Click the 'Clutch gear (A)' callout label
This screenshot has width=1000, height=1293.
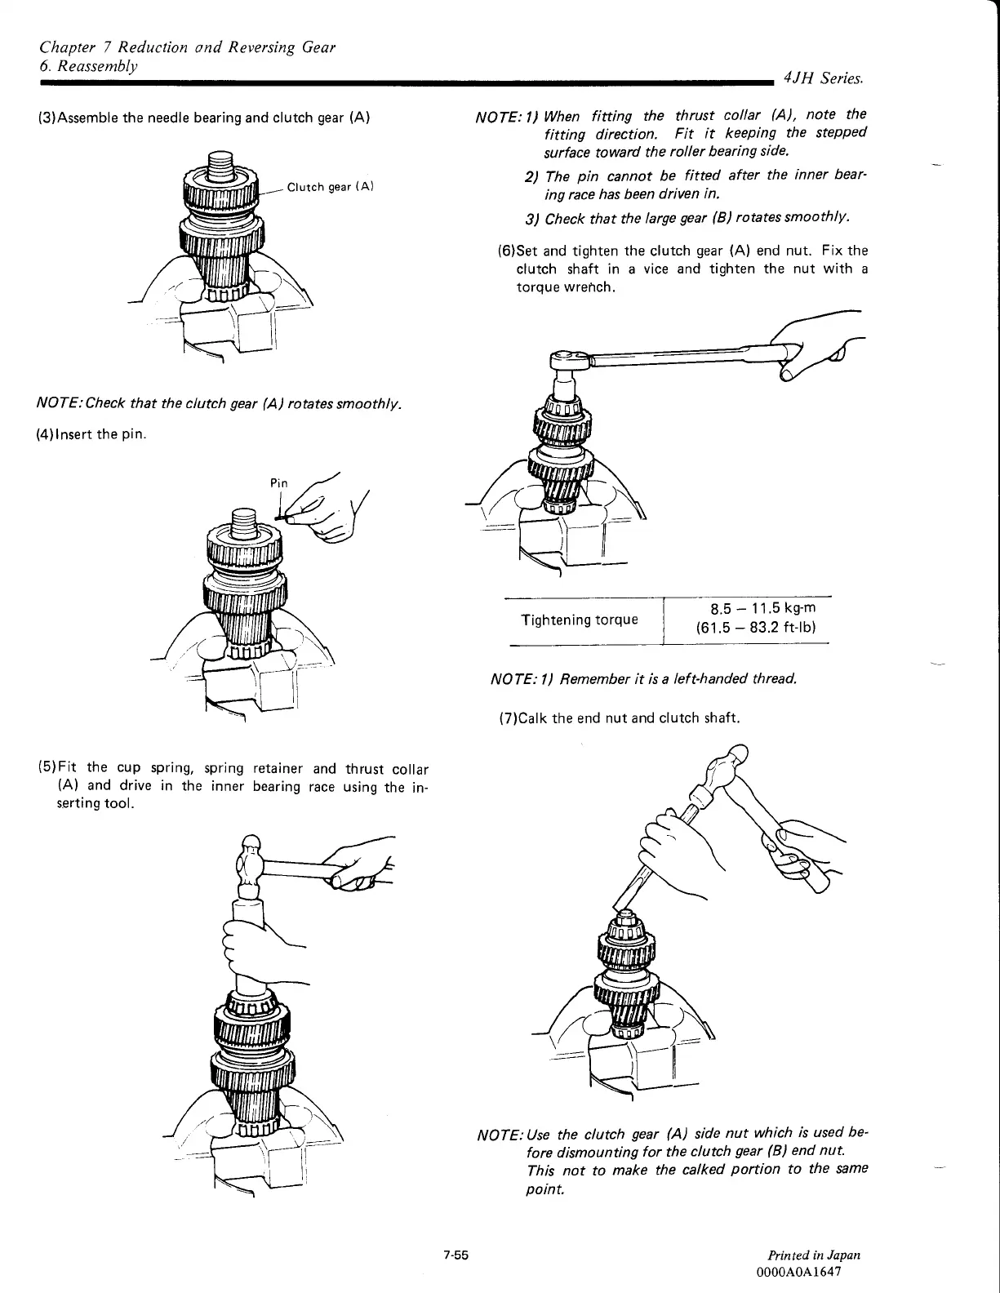[x=330, y=187]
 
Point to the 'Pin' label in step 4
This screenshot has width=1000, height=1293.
[x=279, y=483]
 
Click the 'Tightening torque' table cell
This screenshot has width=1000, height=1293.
[x=580, y=620]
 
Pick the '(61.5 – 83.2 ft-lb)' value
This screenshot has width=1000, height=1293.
[x=756, y=628]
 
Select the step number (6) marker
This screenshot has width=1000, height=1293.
[x=506, y=251]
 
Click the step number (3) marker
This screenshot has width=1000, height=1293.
[x=47, y=118]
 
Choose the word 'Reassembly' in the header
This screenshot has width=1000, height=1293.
[x=94, y=64]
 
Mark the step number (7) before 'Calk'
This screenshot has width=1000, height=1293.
[x=508, y=718]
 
